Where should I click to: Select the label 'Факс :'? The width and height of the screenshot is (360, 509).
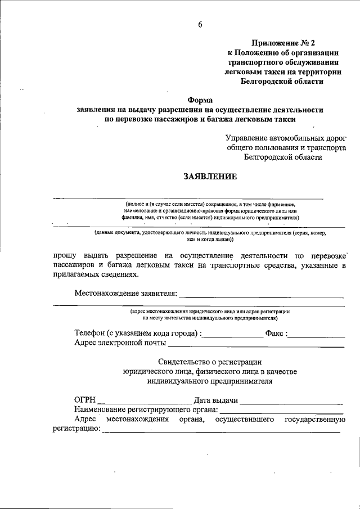tap(277, 334)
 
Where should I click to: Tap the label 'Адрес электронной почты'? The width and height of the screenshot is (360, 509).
tap(120, 343)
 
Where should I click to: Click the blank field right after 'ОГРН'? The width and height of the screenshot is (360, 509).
tap(144, 403)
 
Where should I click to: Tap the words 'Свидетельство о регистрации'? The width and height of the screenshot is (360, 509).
tap(210, 362)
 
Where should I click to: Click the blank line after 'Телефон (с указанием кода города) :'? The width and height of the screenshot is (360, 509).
tap(232, 336)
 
